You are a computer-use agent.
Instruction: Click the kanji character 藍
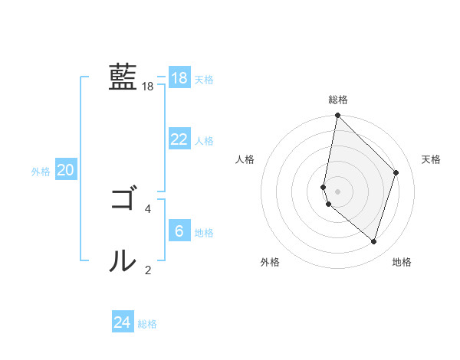123,77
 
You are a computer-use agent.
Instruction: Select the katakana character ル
123,260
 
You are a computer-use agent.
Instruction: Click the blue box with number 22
179,139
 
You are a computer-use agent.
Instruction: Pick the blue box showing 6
179,231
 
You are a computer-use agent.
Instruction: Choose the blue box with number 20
65,170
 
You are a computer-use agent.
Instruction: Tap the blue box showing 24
122,322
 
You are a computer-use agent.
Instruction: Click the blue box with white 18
179,78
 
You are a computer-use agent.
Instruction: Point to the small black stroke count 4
148,208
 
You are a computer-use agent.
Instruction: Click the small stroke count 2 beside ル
148,270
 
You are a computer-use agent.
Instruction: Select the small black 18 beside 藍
148,87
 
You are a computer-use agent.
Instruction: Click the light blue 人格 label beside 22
204,141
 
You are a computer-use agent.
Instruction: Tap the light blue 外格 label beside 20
41,172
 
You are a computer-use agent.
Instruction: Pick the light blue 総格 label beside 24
147,324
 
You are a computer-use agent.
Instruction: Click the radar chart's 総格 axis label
338,100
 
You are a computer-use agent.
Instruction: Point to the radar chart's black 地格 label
402,262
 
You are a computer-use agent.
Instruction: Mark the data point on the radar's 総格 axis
337,116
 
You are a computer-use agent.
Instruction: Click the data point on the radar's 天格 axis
396,172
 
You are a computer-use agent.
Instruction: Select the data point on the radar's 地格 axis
373,241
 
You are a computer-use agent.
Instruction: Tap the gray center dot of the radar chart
337,191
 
